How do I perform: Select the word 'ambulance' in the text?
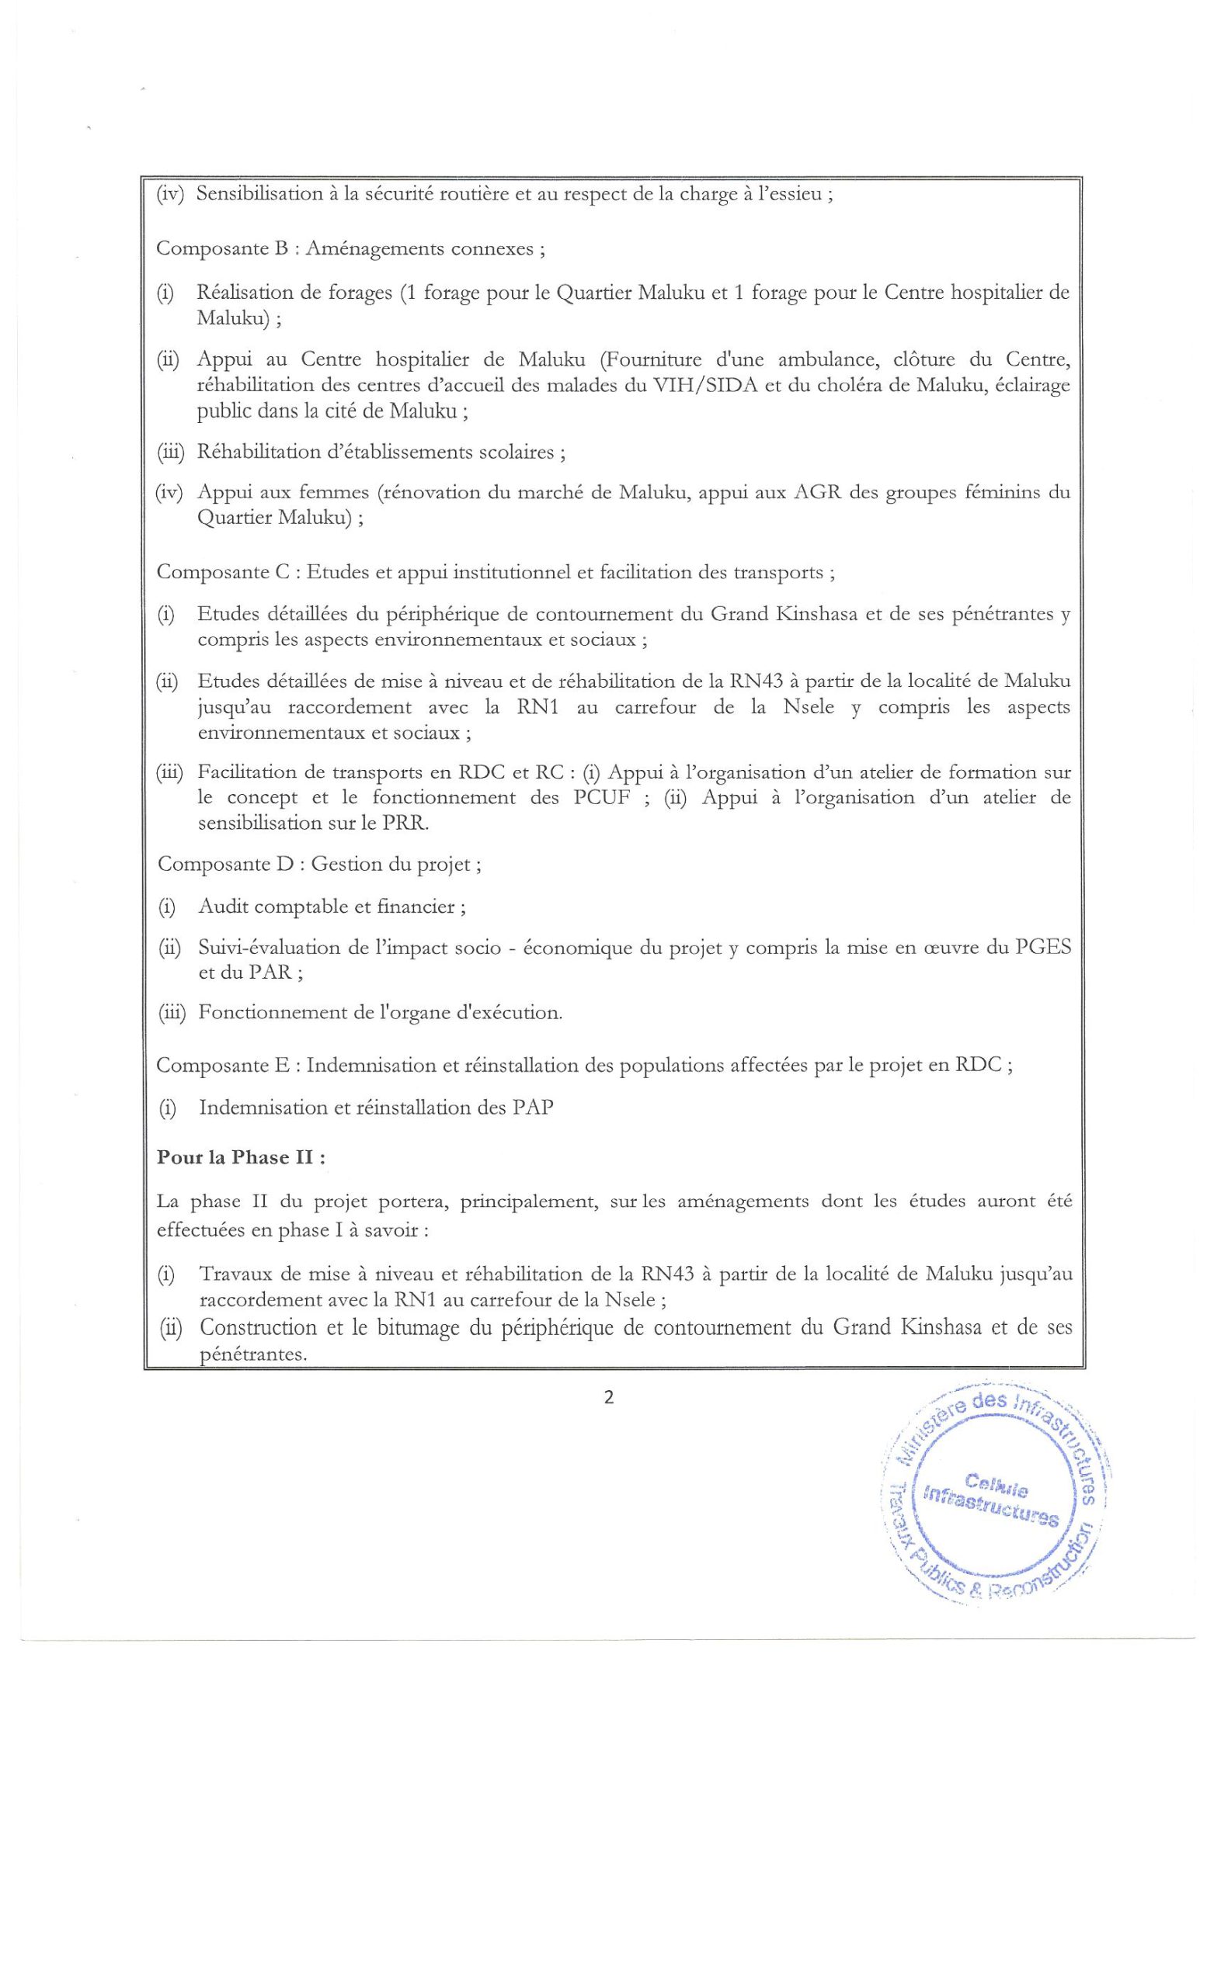click(821, 359)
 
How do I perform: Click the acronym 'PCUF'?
click(597, 798)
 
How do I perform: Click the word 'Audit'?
click(224, 907)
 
